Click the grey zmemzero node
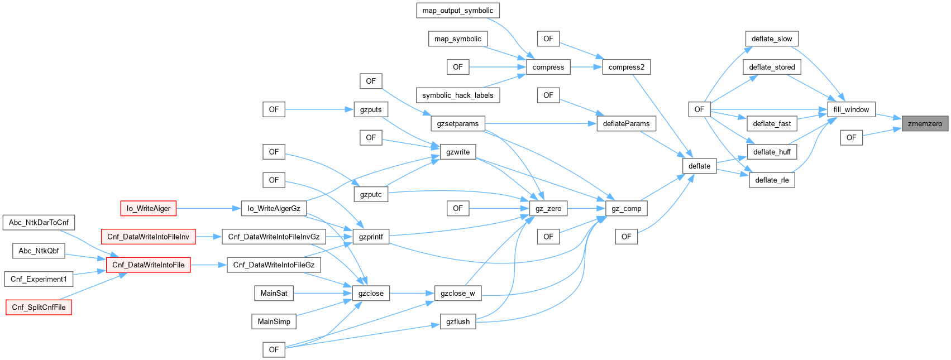(925, 124)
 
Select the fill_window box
(851, 109)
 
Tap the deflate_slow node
(772, 39)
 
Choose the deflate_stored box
(772, 67)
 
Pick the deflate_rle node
(772, 180)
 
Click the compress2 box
(626, 67)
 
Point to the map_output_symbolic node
(457, 11)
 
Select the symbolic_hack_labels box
(457, 95)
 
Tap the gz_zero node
(548, 209)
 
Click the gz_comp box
(626, 209)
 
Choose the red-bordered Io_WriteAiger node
(149, 209)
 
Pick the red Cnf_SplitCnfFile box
(39, 308)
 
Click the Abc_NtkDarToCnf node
(39, 223)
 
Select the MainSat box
(274, 293)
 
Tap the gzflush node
(458, 321)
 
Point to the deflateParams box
(626, 124)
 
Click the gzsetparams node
(457, 124)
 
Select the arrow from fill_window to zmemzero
(888, 116)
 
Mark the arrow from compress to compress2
(586, 67)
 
